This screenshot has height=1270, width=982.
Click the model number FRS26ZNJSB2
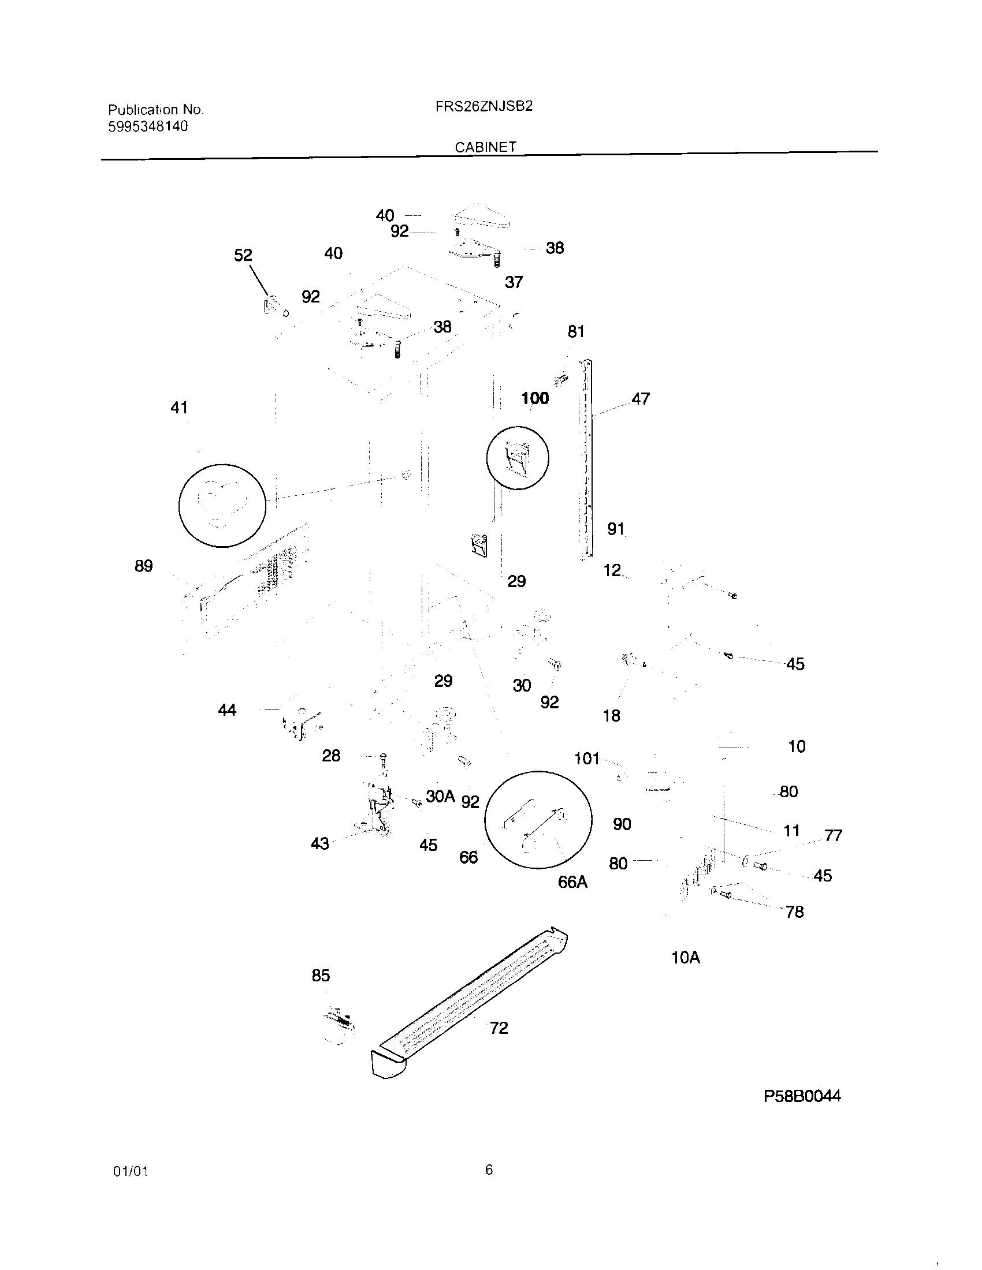[483, 106]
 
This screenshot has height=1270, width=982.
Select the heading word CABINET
[485, 147]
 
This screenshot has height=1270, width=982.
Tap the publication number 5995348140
[148, 126]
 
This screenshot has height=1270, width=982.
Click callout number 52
[243, 255]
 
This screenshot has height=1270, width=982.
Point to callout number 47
[640, 399]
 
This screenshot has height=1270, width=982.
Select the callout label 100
[535, 398]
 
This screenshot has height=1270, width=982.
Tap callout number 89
[144, 566]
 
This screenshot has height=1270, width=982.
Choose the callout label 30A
[440, 796]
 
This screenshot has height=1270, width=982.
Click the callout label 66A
[572, 882]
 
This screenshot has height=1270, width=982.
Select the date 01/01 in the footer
[131, 1172]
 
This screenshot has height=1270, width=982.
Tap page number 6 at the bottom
[489, 1170]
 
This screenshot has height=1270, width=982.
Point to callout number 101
[586, 759]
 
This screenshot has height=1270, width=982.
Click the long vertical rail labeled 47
[587, 460]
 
